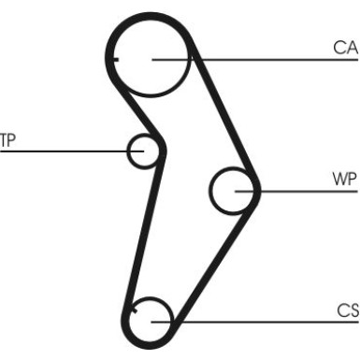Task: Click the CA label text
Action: (x=345, y=48)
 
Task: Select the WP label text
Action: (x=343, y=179)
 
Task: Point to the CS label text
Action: (x=345, y=310)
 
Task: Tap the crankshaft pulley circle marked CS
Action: (x=150, y=321)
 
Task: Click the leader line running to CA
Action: (x=271, y=60)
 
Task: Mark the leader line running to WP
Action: (x=299, y=191)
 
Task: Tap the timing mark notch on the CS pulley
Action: (x=137, y=307)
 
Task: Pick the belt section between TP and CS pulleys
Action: (x=145, y=234)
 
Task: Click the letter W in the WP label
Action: (x=338, y=179)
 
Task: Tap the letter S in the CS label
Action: (x=351, y=310)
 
